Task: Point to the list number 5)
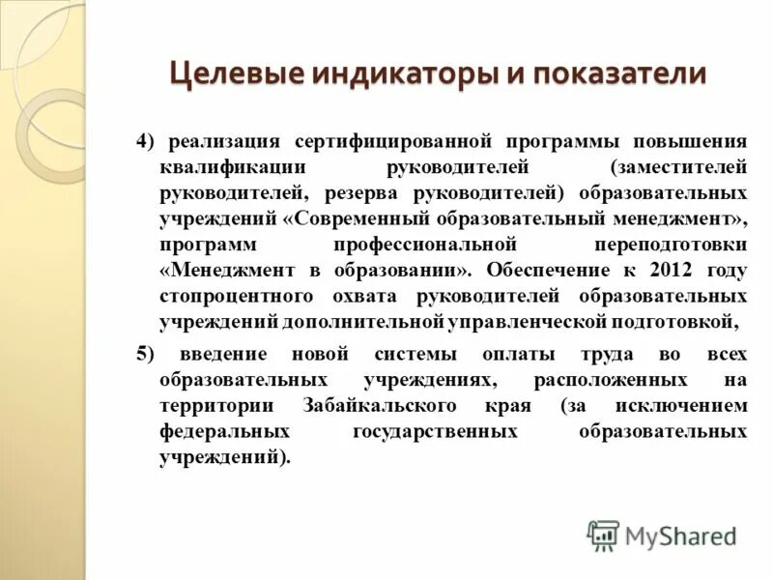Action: pos(145,353)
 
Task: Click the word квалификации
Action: pos(220,167)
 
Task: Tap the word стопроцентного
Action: pos(235,296)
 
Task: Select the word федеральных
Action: pos(225,431)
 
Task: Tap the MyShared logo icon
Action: pos(603,536)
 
